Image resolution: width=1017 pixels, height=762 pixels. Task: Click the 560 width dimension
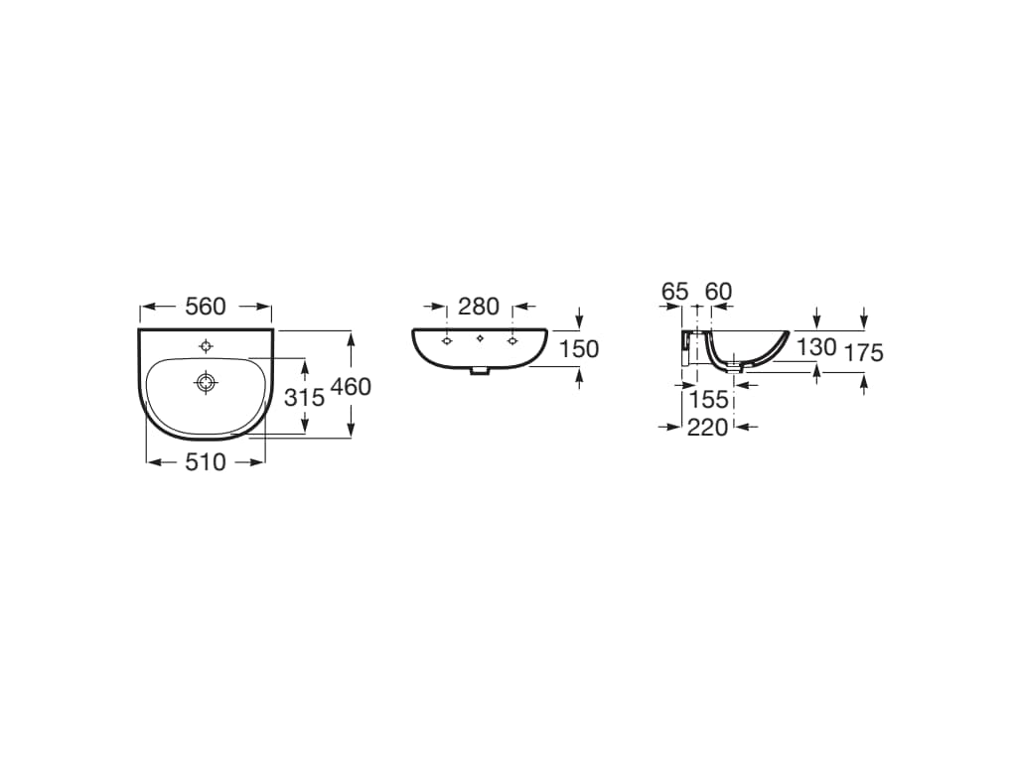point(205,307)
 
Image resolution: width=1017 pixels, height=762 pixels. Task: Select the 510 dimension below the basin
point(205,462)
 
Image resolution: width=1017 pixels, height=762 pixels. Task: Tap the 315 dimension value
point(305,397)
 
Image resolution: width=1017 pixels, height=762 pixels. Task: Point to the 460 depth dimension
point(351,387)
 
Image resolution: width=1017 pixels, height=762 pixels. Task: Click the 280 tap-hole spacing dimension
point(479,307)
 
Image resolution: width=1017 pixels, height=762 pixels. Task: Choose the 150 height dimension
point(579,349)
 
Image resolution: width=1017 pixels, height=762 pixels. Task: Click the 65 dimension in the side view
point(674,292)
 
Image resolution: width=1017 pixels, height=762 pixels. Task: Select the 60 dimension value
point(719,292)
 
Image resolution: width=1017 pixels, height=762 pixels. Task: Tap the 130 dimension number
point(816,347)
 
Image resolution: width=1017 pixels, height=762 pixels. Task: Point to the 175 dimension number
point(863,352)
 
